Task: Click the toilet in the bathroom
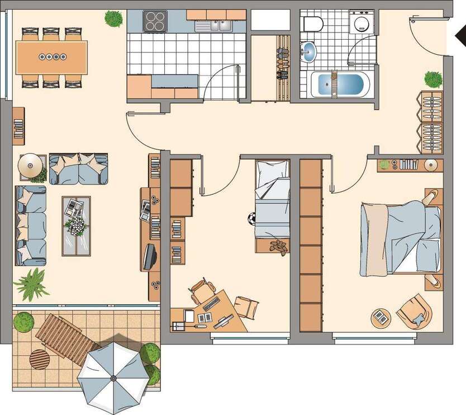(311, 23)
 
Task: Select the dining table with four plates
(52, 57)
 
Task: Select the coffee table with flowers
(75, 225)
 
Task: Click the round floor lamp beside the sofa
(30, 165)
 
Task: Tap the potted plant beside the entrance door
(433, 79)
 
